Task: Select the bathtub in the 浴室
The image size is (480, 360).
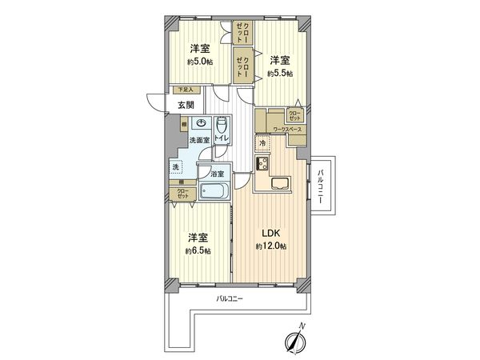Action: (214, 192)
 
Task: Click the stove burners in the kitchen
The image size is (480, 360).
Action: (262, 164)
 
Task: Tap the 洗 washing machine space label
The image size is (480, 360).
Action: (175, 167)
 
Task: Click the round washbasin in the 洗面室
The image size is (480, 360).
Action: (201, 124)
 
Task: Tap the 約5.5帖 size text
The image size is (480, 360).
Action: (279, 73)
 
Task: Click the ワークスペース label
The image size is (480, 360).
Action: (286, 128)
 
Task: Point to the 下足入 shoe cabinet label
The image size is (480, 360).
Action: (183, 91)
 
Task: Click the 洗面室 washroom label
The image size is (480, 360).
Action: (199, 141)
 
